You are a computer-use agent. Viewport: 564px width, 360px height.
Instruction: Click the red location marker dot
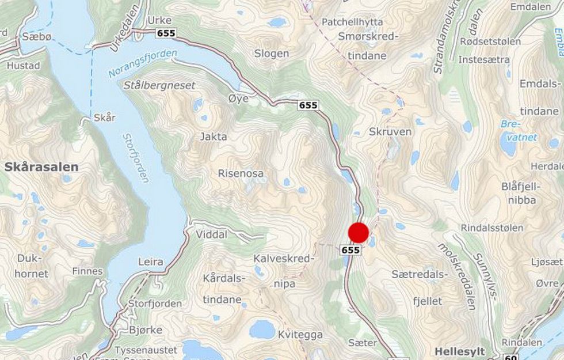click(x=359, y=232)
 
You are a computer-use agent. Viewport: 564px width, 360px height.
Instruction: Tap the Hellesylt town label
click(x=460, y=351)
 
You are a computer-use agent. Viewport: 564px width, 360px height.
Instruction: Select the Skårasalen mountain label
click(x=41, y=167)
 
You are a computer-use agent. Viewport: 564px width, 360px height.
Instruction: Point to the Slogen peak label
click(x=272, y=54)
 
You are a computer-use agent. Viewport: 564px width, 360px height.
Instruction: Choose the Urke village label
click(x=160, y=20)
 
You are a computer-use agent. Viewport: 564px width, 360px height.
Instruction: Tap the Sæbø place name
click(x=33, y=36)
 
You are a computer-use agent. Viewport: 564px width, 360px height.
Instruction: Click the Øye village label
click(x=238, y=98)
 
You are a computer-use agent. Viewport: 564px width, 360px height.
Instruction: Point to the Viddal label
click(x=212, y=235)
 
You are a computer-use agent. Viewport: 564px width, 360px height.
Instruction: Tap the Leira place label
click(x=151, y=262)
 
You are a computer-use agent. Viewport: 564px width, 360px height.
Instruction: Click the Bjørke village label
click(x=146, y=330)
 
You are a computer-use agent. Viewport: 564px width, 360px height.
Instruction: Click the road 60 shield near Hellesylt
click(x=510, y=357)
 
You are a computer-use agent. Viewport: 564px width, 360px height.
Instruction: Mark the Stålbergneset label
click(x=159, y=85)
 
